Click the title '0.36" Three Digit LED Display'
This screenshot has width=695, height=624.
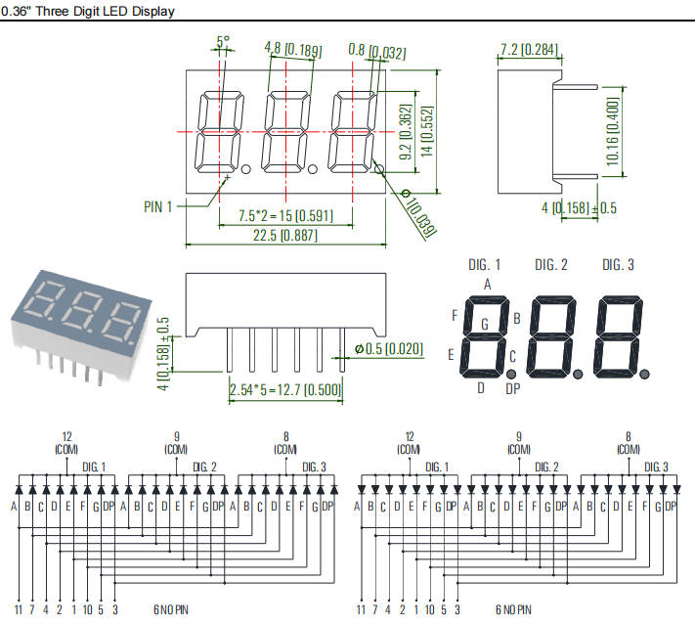[x=89, y=12]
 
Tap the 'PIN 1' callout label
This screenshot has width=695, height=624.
[x=157, y=206]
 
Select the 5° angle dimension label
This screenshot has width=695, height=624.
[x=223, y=42]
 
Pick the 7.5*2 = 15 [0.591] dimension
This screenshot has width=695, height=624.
[x=284, y=214]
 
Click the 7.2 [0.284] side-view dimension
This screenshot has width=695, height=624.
[x=528, y=49]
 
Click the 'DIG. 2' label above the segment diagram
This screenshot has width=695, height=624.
[x=552, y=265]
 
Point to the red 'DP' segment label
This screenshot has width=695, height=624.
[x=512, y=388]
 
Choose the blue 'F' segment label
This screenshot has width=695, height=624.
[x=454, y=316]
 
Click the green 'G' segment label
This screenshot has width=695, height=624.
[x=484, y=324]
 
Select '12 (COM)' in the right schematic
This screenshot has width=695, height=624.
[x=409, y=443]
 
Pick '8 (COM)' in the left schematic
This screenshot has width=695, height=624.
[x=285, y=443]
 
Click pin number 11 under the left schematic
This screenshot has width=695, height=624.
[x=18, y=609]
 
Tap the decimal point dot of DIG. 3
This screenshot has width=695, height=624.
[x=645, y=373]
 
